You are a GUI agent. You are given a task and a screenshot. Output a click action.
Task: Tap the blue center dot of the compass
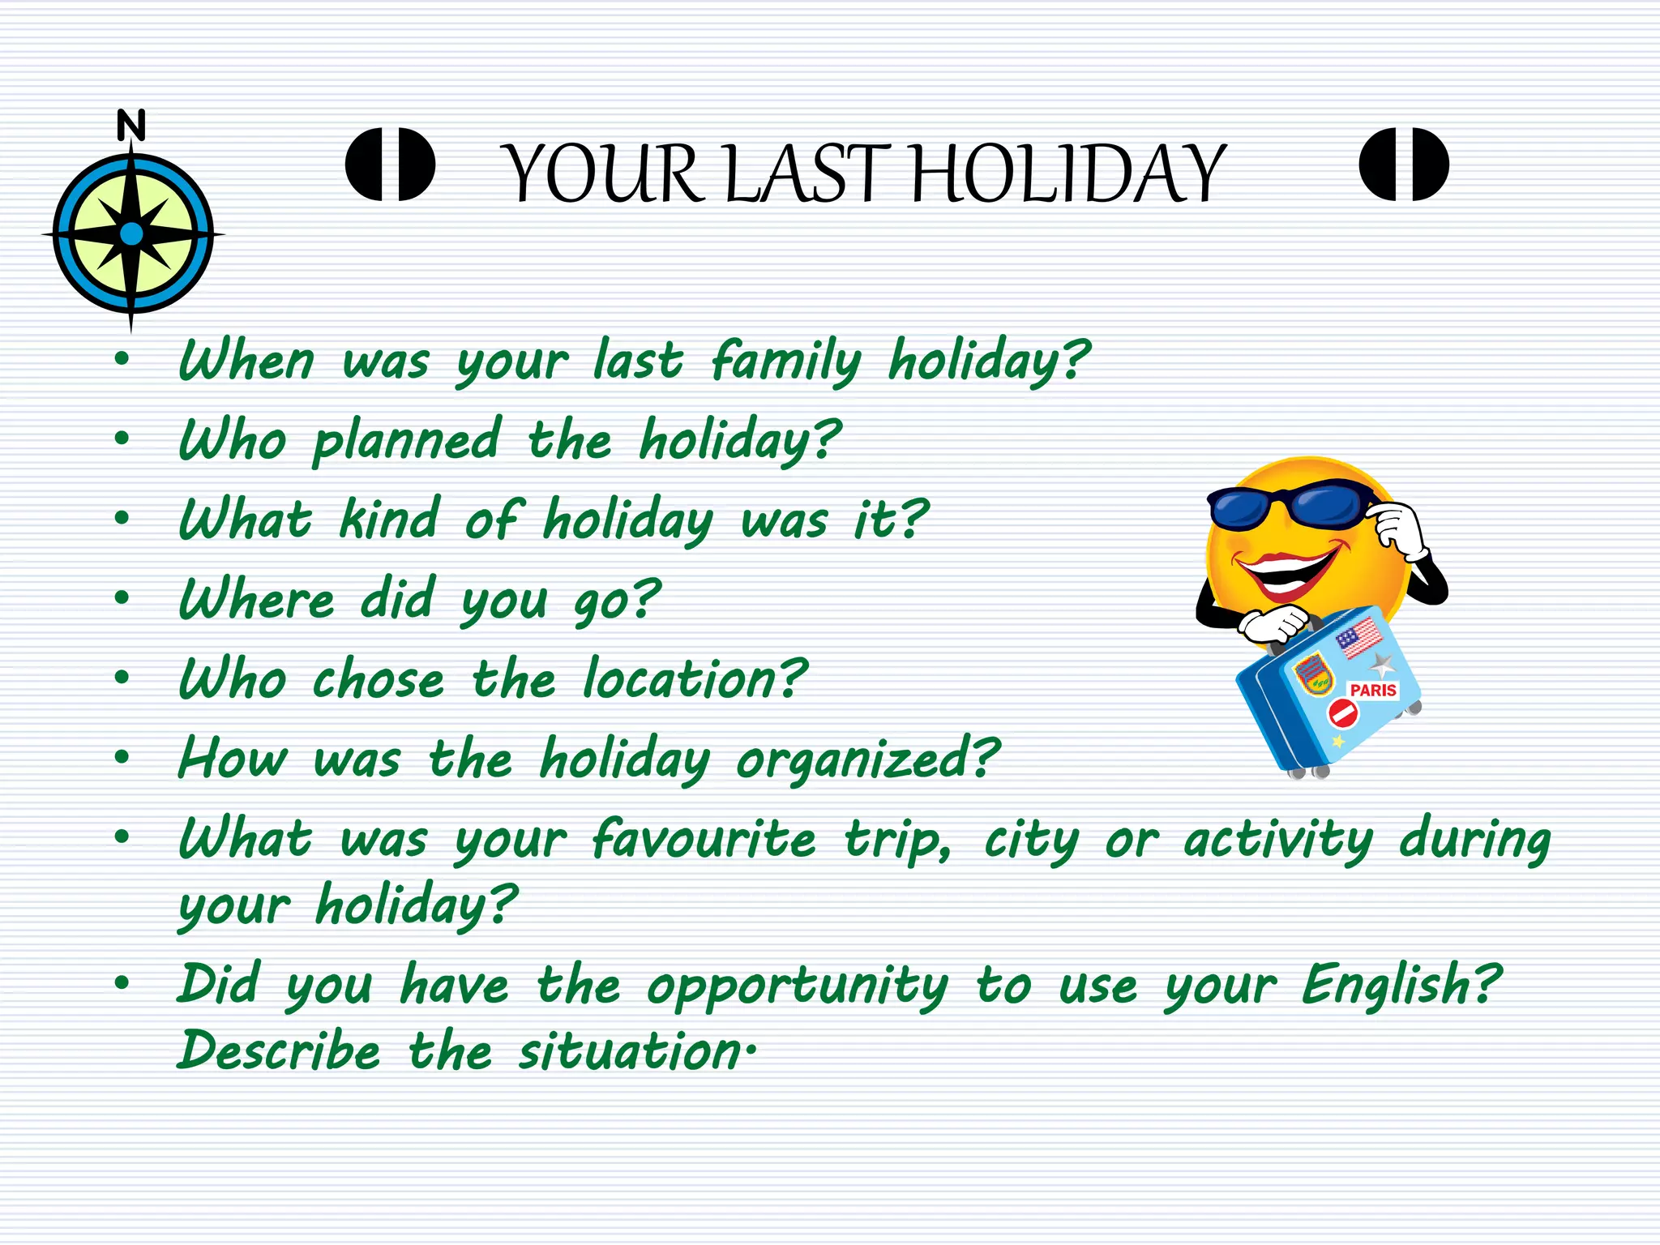pyautogui.click(x=131, y=234)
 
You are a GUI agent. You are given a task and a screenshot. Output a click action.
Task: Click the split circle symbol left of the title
pyautogui.click(x=390, y=164)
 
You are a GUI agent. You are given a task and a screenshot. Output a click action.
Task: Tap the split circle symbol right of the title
pyautogui.click(x=1404, y=164)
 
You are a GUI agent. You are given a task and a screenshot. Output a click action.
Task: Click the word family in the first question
pyautogui.click(x=785, y=361)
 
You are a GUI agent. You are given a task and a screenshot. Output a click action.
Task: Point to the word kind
pyautogui.click(x=389, y=519)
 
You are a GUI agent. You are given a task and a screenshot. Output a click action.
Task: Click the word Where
pyautogui.click(x=256, y=600)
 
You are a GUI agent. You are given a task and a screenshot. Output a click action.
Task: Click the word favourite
pyautogui.click(x=704, y=839)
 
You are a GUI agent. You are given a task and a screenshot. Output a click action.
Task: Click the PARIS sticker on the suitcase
pyautogui.click(x=1373, y=691)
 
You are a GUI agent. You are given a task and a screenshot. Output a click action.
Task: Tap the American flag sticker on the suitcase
pyautogui.click(x=1359, y=638)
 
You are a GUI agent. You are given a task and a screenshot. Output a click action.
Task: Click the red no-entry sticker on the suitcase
pyautogui.click(x=1342, y=714)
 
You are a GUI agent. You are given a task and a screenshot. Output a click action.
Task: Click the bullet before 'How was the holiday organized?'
pyautogui.click(x=122, y=759)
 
